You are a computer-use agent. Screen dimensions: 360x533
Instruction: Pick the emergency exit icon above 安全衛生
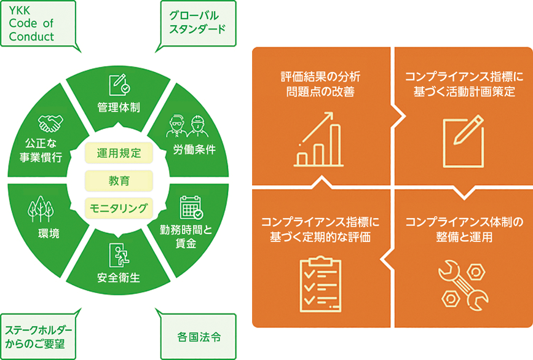click(119, 254)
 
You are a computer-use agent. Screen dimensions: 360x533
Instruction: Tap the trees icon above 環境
click(41, 209)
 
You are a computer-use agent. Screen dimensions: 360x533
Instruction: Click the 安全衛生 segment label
click(119, 278)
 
